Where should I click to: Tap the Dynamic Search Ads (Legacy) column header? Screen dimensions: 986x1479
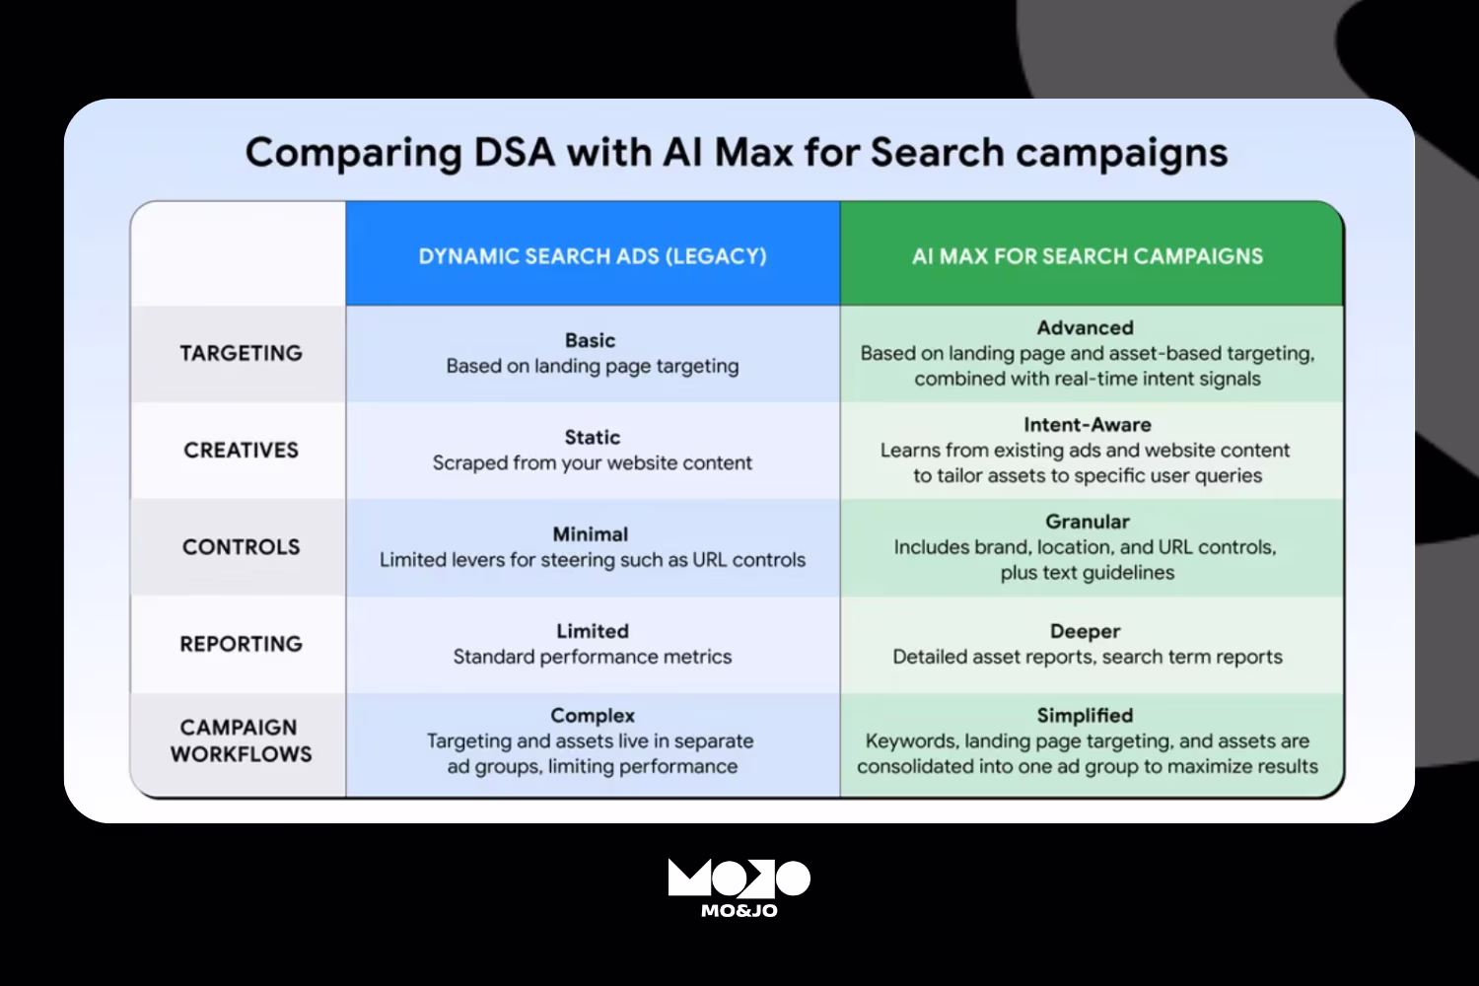593,256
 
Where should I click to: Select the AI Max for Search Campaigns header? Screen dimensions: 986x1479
1088,256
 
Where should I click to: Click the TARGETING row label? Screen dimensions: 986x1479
241,353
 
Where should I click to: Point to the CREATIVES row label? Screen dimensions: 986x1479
241,450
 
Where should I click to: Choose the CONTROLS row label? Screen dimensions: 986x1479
241,547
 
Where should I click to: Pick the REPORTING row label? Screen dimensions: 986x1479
241,644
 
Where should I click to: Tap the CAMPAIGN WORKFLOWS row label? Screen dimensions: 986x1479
241,740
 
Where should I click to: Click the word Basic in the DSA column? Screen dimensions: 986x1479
590,340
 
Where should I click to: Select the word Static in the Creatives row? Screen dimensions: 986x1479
592,437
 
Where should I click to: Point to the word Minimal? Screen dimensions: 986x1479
590,534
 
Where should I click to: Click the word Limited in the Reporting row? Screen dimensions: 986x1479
592,631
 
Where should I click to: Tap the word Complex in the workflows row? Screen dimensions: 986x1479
593,716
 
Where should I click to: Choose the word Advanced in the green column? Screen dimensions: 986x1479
1085,327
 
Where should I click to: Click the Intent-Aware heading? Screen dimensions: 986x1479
1087,425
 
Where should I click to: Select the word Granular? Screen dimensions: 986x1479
1087,522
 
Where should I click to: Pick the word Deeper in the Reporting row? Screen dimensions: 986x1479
1085,631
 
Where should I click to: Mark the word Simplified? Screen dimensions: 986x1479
1085,716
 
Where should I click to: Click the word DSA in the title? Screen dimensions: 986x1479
515,153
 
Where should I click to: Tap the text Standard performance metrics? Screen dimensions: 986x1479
593,657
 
